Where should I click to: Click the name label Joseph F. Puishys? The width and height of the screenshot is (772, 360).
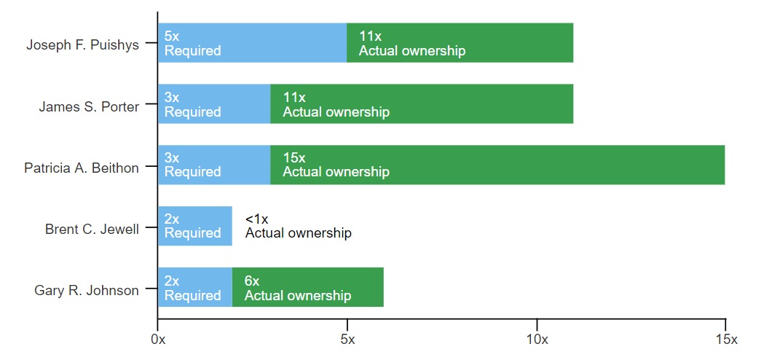(82, 44)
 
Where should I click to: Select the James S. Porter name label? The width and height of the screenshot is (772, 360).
(88, 106)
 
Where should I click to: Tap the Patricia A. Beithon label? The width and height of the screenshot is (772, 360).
(81, 168)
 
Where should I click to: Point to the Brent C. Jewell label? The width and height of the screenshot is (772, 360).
(92, 229)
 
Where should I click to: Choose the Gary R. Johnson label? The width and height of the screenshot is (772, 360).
(86, 291)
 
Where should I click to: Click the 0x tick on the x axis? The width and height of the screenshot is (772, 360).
(157, 340)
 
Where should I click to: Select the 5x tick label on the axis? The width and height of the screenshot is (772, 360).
(347, 340)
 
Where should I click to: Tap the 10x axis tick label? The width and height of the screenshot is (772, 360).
(537, 340)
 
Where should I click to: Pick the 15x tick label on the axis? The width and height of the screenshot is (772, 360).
(726, 340)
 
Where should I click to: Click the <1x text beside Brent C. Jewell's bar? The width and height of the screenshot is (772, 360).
(257, 219)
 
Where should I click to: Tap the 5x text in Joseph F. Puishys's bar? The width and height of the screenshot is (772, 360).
(172, 36)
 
